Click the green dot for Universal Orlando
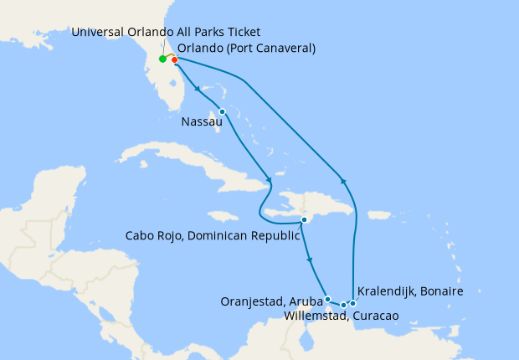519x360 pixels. pos(162,59)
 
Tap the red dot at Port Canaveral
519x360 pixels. pos(174,59)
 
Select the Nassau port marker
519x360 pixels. pos(222,111)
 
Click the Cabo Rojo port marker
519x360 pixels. pos(305,220)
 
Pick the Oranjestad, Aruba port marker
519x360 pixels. pos(327,299)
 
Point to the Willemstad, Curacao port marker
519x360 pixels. pos(343,305)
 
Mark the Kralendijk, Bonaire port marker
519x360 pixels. pos(353,303)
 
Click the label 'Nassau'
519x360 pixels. pos(201,122)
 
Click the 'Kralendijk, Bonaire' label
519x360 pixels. pos(409,291)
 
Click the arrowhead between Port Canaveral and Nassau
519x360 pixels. pos(196,86)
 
